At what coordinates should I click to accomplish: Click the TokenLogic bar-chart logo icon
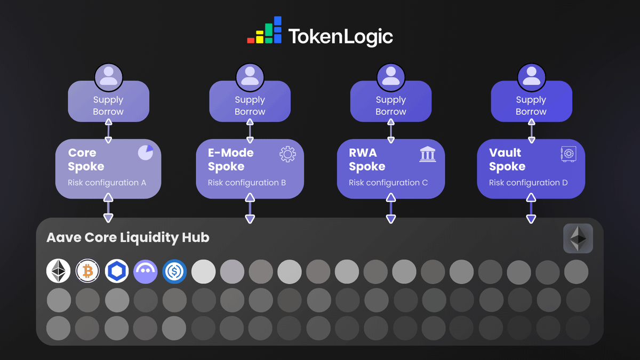click(264, 31)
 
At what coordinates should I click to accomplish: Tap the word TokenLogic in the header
click(340, 37)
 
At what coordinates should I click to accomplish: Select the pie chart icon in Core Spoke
click(145, 153)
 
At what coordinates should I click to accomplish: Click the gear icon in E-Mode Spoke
click(287, 154)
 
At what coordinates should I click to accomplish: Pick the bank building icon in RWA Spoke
click(428, 155)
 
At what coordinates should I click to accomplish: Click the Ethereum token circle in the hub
click(59, 271)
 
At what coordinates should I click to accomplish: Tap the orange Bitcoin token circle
click(87, 271)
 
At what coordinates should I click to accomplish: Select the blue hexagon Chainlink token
click(116, 271)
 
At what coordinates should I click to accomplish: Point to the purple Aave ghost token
click(145, 271)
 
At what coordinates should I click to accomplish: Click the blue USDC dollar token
click(174, 271)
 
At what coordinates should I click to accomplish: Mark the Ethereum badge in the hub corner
click(578, 238)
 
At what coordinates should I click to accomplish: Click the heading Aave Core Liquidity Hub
click(128, 237)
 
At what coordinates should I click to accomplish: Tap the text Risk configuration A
click(107, 182)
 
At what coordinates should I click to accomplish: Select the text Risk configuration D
click(528, 182)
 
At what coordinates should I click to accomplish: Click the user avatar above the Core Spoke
click(108, 76)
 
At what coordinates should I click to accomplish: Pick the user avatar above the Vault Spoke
click(531, 76)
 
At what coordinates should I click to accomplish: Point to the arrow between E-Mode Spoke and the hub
click(250, 208)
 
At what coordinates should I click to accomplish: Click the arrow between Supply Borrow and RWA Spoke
click(391, 130)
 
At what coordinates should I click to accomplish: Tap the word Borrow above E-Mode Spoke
click(250, 111)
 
